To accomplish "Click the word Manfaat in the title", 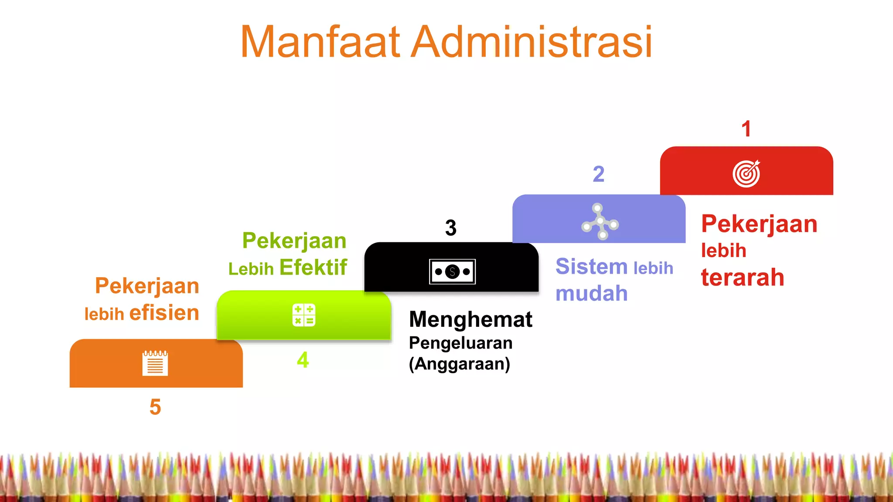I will [x=320, y=42].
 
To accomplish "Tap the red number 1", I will [x=746, y=129].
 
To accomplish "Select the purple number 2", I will [x=599, y=174].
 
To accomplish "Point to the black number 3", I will [x=451, y=228].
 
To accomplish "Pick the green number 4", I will [x=303, y=360].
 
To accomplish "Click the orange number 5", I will [x=155, y=407].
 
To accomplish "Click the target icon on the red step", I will [x=746, y=173].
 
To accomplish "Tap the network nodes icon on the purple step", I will [x=600, y=221].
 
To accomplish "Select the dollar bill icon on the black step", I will [x=452, y=271].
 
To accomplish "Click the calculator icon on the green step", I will [x=304, y=315].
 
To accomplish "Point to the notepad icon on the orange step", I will [x=155, y=363].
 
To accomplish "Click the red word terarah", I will [x=743, y=278].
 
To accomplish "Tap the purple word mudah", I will [x=592, y=293].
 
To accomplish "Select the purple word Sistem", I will [x=591, y=266].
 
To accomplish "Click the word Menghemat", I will [x=470, y=319].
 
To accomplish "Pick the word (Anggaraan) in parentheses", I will [x=459, y=363].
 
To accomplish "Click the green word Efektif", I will [x=313, y=267].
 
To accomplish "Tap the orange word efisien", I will [x=164, y=313].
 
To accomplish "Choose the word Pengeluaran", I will [x=460, y=343].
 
